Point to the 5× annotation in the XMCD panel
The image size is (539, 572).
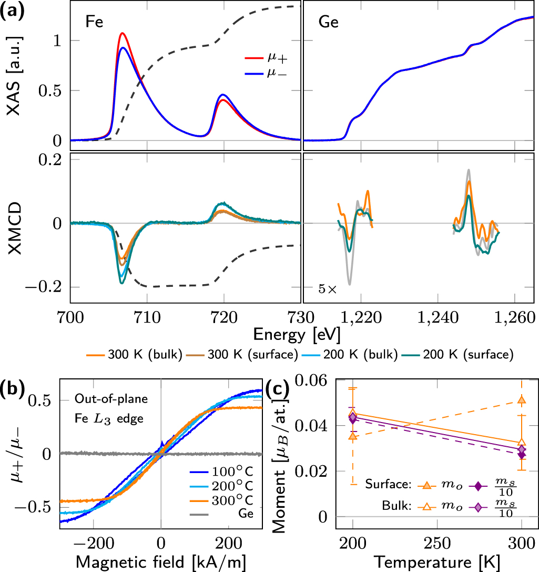[327, 289]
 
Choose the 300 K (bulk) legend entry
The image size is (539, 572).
[134, 354]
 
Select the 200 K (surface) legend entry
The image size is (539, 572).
[465, 354]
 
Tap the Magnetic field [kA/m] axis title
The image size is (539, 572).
[161, 560]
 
